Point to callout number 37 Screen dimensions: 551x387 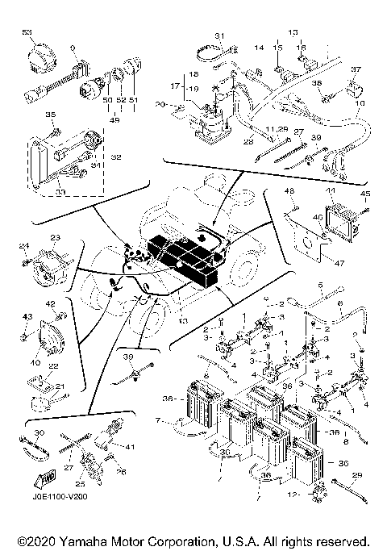356,69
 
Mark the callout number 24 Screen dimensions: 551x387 24,246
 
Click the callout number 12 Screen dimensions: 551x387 299,494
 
